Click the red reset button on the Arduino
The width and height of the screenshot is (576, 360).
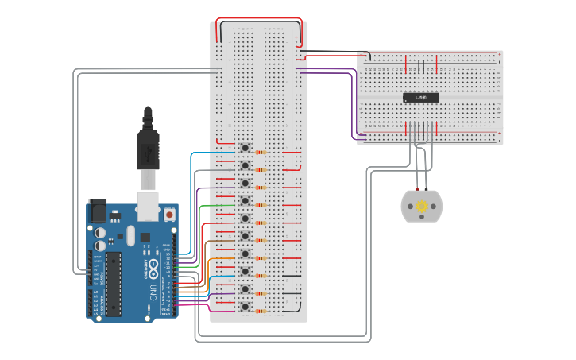point(169,214)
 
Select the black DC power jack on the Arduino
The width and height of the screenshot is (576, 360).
point(97,210)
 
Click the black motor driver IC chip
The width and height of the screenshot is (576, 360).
point(420,98)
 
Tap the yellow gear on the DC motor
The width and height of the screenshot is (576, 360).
point(422,207)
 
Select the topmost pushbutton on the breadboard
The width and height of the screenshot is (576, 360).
point(245,148)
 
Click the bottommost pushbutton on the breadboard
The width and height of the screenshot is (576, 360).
point(245,307)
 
